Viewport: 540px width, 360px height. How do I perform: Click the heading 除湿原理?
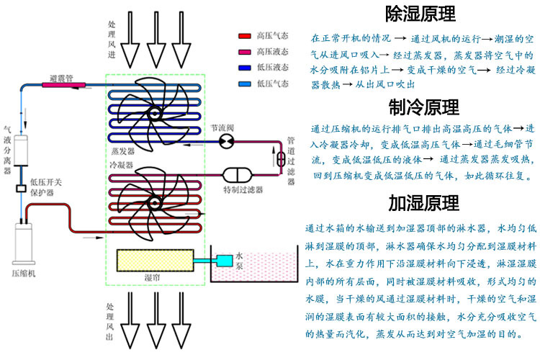click(x=421, y=14)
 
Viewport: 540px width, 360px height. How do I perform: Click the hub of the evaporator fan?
click(x=154, y=113)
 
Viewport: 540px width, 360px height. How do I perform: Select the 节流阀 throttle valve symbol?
click(x=225, y=140)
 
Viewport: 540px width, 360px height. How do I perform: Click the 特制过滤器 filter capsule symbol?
click(x=236, y=175)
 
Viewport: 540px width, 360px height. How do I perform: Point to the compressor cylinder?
click(x=24, y=246)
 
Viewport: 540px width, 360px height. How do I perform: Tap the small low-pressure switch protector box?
click(x=22, y=189)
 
